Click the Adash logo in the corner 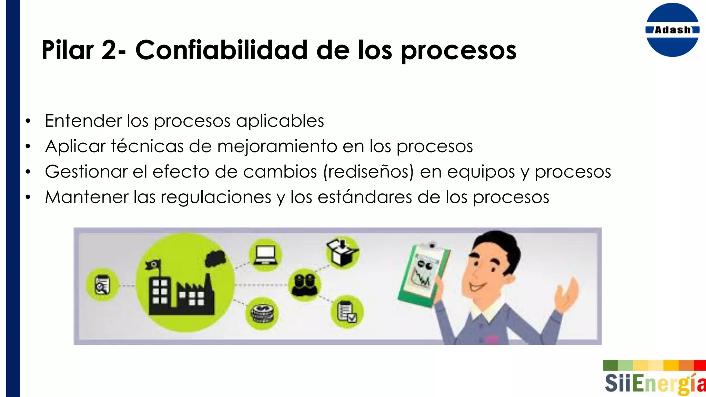(672, 30)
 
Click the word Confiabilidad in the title (221, 50)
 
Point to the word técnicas (147, 146)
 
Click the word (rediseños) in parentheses (368, 172)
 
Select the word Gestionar (86, 172)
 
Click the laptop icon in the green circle (265, 255)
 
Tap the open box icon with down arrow (342, 253)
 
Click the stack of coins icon (262, 313)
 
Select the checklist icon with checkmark (347, 312)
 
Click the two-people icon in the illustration (304, 285)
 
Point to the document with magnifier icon (102, 285)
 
